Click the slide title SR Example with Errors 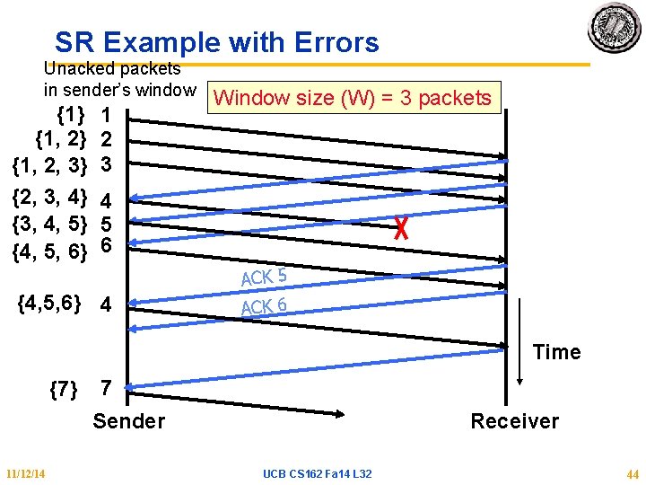pyautogui.click(x=216, y=42)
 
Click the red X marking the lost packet pyautogui.click(x=401, y=230)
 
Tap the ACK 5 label pyautogui.click(x=264, y=277)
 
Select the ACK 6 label pyautogui.click(x=264, y=307)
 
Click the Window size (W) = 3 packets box pyautogui.click(x=354, y=98)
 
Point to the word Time pyautogui.click(x=556, y=352)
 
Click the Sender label pyautogui.click(x=129, y=421)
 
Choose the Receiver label pyautogui.click(x=514, y=421)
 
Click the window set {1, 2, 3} pyautogui.click(x=49, y=165)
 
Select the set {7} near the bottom pyautogui.click(x=63, y=389)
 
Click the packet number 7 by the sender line pyautogui.click(x=106, y=389)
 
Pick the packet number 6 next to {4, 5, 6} pyautogui.click(x=106, y=245)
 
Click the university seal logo pyautogui.click(x=614, y=28)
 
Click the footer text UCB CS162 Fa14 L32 pyautogui.click(x=318, y=474)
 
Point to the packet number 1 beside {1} pyautogui.click(x=106, y=116)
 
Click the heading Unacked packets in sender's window pyautogui.click(x=119, y=79)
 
